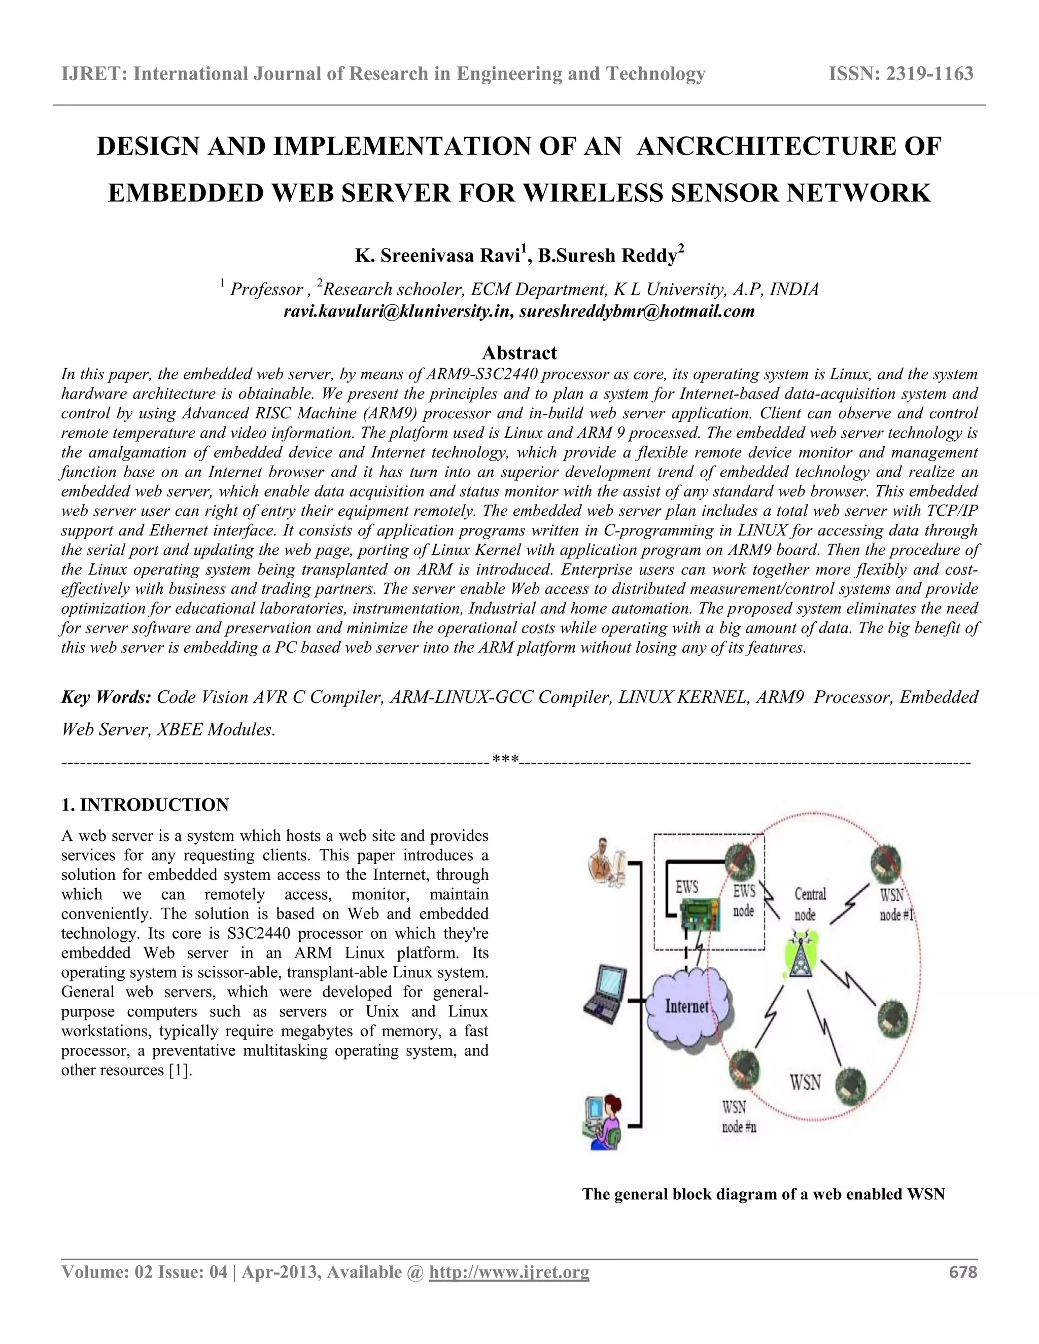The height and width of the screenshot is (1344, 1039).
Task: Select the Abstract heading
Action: click(x=519, y=352)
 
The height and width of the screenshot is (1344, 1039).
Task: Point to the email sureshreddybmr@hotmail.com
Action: click(x=637, y=311)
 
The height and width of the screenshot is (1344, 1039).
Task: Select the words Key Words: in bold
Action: click(x=107, y=697)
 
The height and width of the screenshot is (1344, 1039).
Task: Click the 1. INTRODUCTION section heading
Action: click(x=145, y=804)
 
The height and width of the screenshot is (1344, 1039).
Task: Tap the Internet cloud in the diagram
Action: click(x=687, y=1006)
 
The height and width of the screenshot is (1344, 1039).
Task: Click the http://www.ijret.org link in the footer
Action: click(x=508, y=1272)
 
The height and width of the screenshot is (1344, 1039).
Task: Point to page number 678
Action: click(x=963, y=1272)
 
